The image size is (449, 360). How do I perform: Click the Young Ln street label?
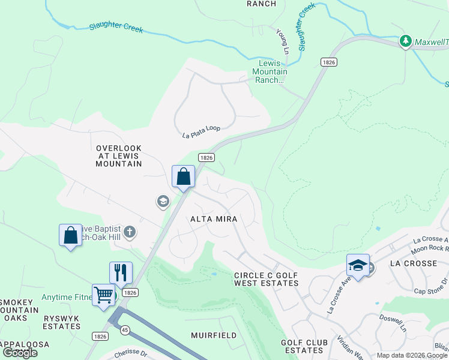[x=282, y=40]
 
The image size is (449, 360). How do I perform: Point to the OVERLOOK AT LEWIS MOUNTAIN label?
[x=119, y=155]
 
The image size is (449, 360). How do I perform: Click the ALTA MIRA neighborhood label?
[x=214, y=219]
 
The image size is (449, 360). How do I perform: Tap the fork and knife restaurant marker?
[x=121, y=273]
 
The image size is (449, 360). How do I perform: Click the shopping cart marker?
[x=104, y=296]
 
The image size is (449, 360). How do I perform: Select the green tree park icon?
[x=406, y=41]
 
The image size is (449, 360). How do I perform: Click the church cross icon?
[x=131, y=232]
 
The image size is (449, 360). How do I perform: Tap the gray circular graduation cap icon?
[x=162, y=202]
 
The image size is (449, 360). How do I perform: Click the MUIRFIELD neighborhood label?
[x=214, y=335]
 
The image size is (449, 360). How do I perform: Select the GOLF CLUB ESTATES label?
[x=304, y=346]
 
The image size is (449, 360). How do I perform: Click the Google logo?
[x=20, y=353]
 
